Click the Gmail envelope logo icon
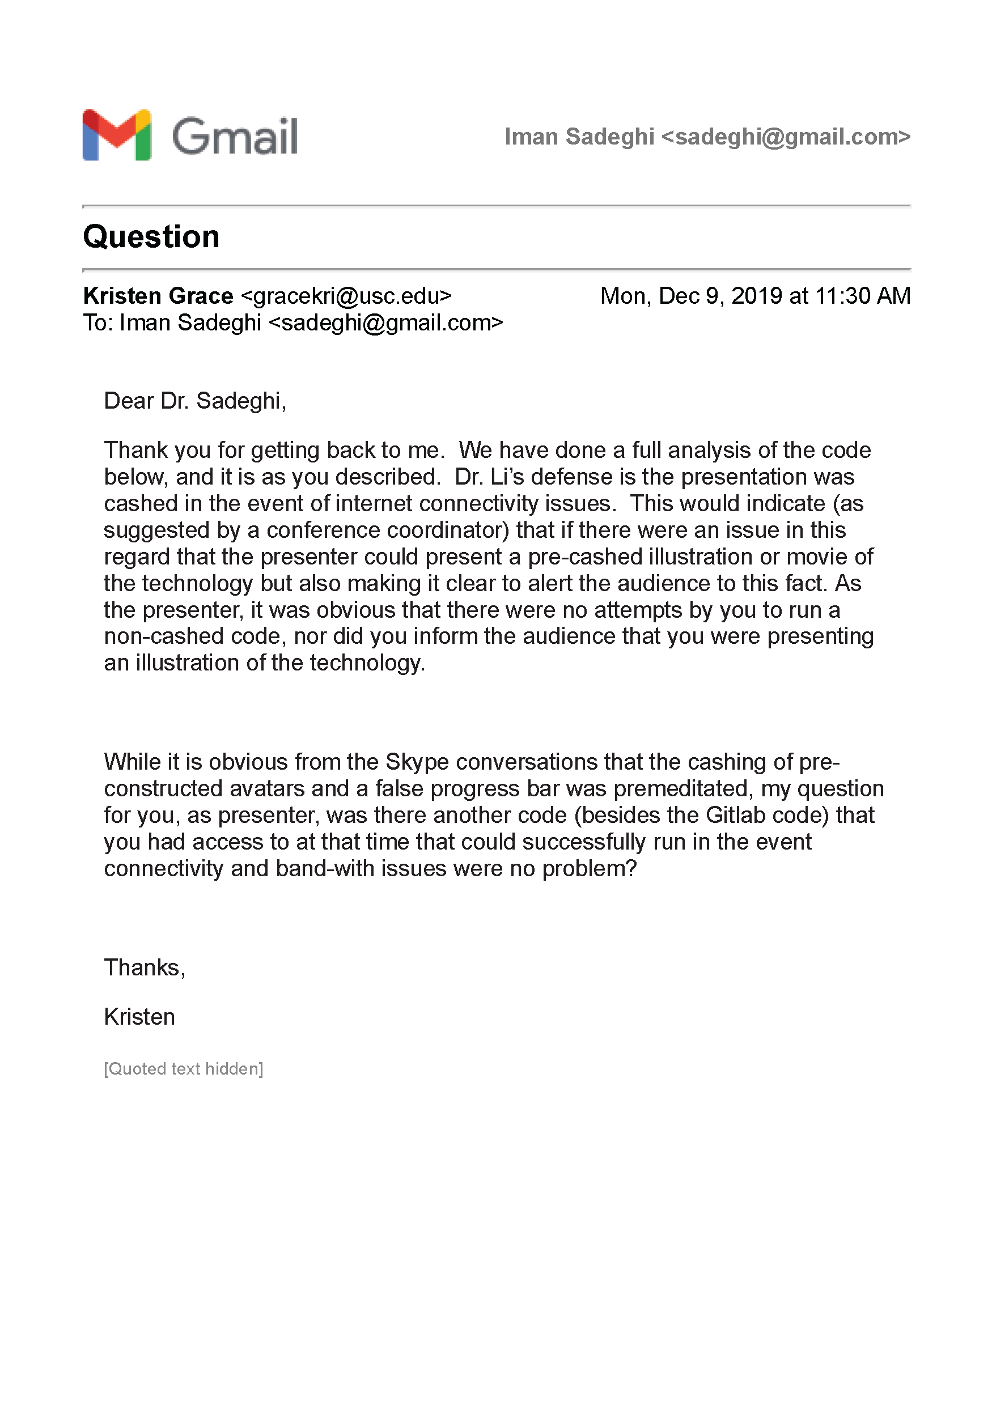click(x=116, y=135)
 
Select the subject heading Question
click(x=151, y=237)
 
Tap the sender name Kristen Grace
click(x=158, y=296)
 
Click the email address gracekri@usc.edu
click(x=346, y=296)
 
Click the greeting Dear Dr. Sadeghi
click(x=194, y=401)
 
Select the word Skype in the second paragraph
click(x=417, y=762)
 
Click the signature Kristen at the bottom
click(x=139, y=1017)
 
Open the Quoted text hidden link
click(x=183, y=1069)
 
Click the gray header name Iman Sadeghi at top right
click(x=579, y=137)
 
